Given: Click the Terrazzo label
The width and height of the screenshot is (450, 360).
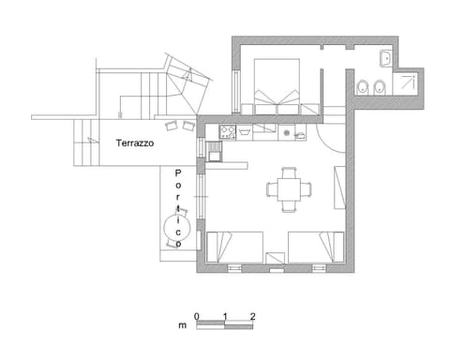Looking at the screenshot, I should pyautogui.click(x=135, y=144).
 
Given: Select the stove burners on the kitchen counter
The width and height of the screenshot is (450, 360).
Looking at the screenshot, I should pyautogui.click(x=226, y=132).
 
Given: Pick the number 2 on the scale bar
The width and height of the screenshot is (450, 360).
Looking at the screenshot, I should pyautogui.click(x=253, y=316).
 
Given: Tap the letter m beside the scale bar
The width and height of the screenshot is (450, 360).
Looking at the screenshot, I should pyautogui.click(x=183, y=326).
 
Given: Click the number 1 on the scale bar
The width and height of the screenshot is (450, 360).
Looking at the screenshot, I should pyautogui.click(x=225, y=316).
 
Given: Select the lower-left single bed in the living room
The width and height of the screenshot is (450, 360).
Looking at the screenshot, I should pyautogui.click(x=232, y=247).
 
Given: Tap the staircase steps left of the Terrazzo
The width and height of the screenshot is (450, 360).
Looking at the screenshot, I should pyautogui.click(x=86, y=142).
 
